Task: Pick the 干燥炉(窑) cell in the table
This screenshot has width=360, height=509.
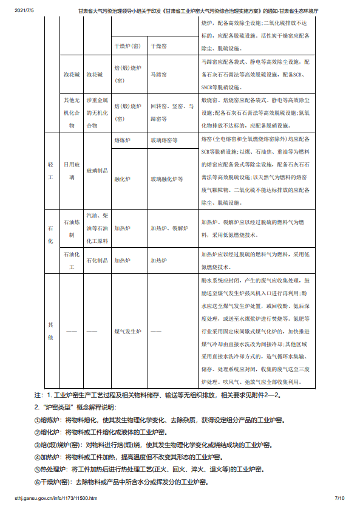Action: click(x=128, y=46)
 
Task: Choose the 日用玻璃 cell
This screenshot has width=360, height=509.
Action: click(x=72, y=171)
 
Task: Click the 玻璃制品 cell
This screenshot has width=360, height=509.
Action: click(x=97, y=171)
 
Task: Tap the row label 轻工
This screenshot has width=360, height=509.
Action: click(x=50, y=171)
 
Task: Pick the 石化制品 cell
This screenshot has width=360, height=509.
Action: click(x=97, y=260)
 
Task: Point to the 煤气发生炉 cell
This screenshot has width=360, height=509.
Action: click(x=127, y=332)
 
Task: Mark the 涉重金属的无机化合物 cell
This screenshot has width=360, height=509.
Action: click(x=97, y=112)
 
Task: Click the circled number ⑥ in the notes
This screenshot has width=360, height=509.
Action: click(x=38, y=482)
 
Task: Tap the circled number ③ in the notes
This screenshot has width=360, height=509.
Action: click(x=38, y=444)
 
